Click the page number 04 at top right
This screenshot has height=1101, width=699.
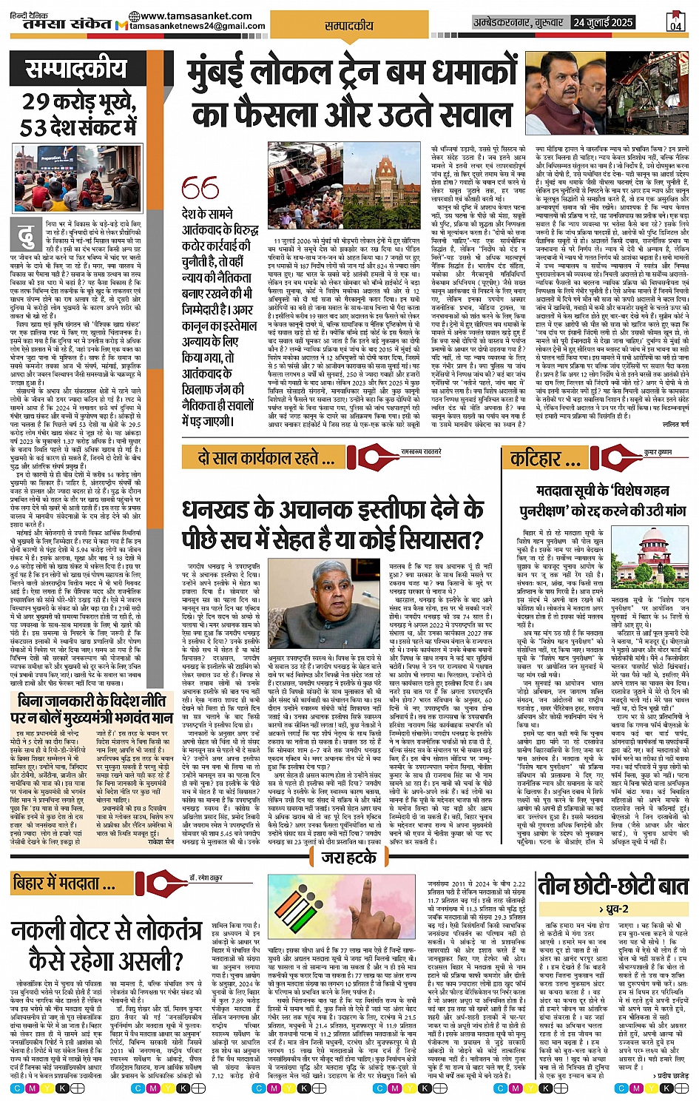point(675,22)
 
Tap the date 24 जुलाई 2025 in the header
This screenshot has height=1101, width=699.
point(603,22)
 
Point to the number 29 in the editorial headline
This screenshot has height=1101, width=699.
point(36,101)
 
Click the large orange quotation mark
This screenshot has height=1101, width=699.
point(200,189)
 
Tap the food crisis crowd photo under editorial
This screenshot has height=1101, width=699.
point(78,178)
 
